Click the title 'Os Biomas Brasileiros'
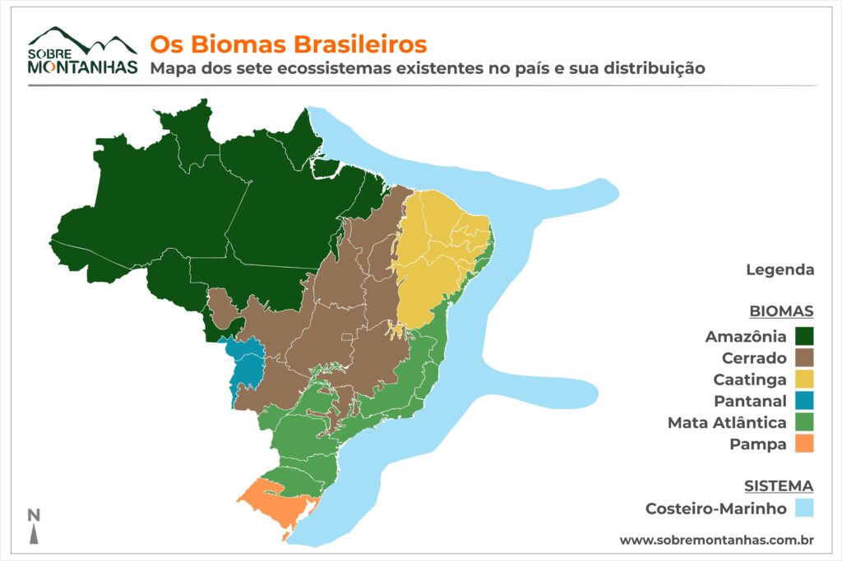(287, 43)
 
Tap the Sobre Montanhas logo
(82, 51)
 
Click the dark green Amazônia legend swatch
(804, 336)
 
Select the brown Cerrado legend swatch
(804, 357)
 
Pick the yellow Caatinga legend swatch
(804, 379)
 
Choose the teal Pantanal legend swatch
(804, 401)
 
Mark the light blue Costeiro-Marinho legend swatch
(804, 508)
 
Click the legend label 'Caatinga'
(751, 379)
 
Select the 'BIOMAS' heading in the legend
(781, 311)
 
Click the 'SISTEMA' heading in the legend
(778, 485)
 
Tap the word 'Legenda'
(780, 269)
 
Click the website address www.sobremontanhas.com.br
(716, 540)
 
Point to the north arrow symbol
(34, 527)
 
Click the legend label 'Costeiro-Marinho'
(716, 508)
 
